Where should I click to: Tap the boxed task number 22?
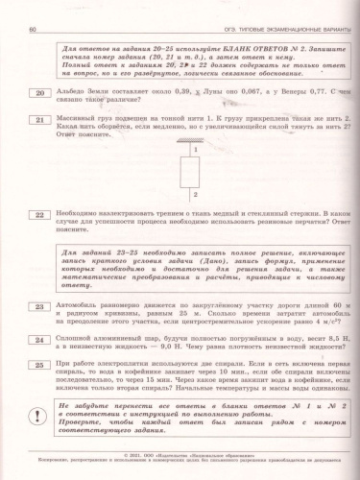[x=37, y=215]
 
